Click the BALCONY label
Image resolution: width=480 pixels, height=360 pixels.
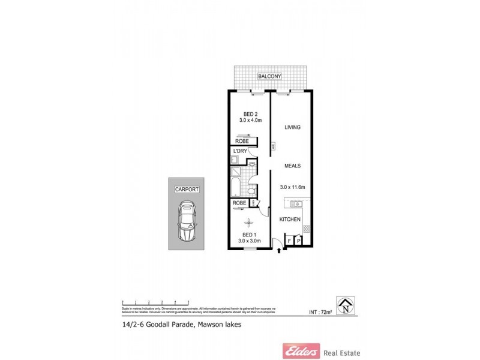tap(270, 76)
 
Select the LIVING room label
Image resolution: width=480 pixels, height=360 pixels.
tap(292, 127)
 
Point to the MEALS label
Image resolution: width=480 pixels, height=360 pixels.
tap(292, 166)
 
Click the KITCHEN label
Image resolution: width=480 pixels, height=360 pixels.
tap(290, 220)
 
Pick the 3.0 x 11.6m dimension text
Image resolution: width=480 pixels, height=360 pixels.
tap(293, 187)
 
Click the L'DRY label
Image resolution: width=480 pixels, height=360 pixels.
tap(241, 151)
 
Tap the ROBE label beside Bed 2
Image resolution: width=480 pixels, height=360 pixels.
tap(242, 141)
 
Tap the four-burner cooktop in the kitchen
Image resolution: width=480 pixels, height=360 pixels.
tap(306, 229)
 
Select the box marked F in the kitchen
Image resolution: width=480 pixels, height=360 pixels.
tap(290, 241)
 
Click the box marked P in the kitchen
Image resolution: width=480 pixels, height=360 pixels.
tap(298, 241)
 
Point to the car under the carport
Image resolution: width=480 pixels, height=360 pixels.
tap(187, 221)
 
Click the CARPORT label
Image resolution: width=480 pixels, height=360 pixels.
tap(187, 189)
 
